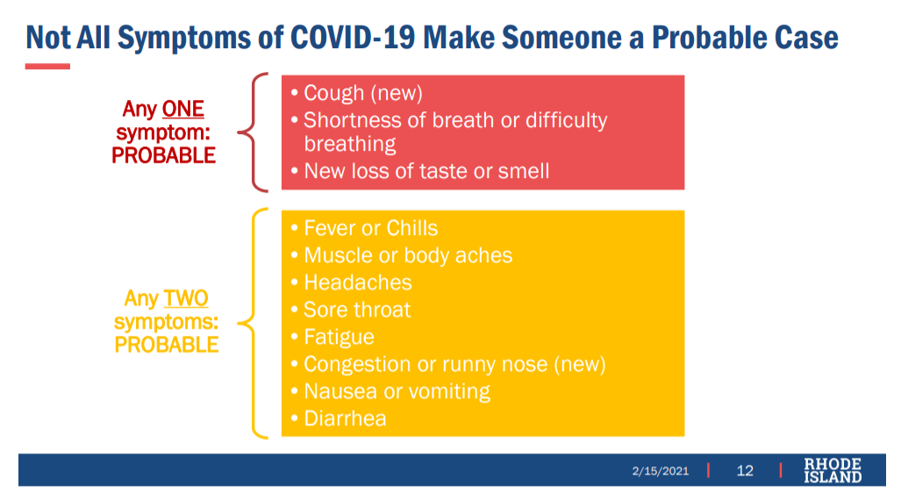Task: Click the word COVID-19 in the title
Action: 352,38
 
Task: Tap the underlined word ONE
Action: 182,109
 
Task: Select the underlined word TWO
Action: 186,298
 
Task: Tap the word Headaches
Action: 357,282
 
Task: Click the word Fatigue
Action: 339,337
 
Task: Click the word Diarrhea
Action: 345,418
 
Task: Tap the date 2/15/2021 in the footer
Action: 661,471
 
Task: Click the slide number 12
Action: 745,471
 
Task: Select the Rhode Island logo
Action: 833,470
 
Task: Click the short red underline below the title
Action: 47,67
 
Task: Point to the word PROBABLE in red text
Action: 164,155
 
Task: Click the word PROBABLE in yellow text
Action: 167,346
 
